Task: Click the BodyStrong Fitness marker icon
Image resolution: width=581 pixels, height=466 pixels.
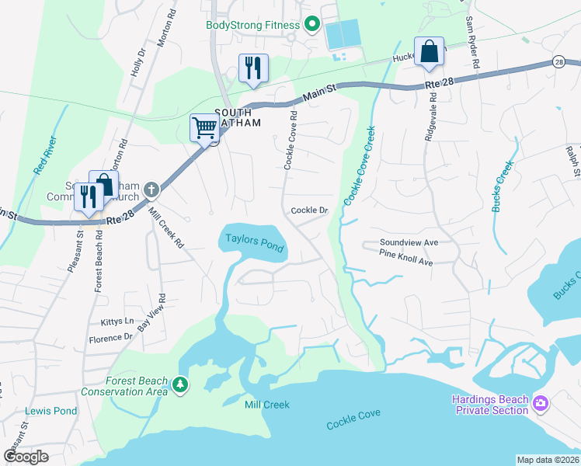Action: point(312,25)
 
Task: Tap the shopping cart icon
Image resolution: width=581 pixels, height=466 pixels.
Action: point(204,127)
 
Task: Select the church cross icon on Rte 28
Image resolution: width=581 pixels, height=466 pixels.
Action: point(151,190)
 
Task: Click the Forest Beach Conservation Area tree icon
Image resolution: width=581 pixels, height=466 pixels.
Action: point(180,385)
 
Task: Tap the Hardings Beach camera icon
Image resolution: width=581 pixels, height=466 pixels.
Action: point(541,404)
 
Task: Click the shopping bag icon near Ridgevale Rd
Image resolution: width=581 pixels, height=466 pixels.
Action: point(429,51)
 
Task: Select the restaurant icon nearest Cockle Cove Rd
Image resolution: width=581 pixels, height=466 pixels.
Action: point(253,68)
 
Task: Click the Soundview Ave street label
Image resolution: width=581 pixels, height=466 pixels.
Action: point(409,242)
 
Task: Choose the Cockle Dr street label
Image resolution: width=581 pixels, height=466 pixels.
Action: point(310,210)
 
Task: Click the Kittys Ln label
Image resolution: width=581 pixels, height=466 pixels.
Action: point(117,322)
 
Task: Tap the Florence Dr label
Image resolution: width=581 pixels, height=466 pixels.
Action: point(110,338)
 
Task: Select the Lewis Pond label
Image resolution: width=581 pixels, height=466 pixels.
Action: point(51,411)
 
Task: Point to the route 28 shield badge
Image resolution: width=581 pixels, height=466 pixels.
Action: point(558,61)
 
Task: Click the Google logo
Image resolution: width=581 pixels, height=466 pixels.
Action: point(26,457)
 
